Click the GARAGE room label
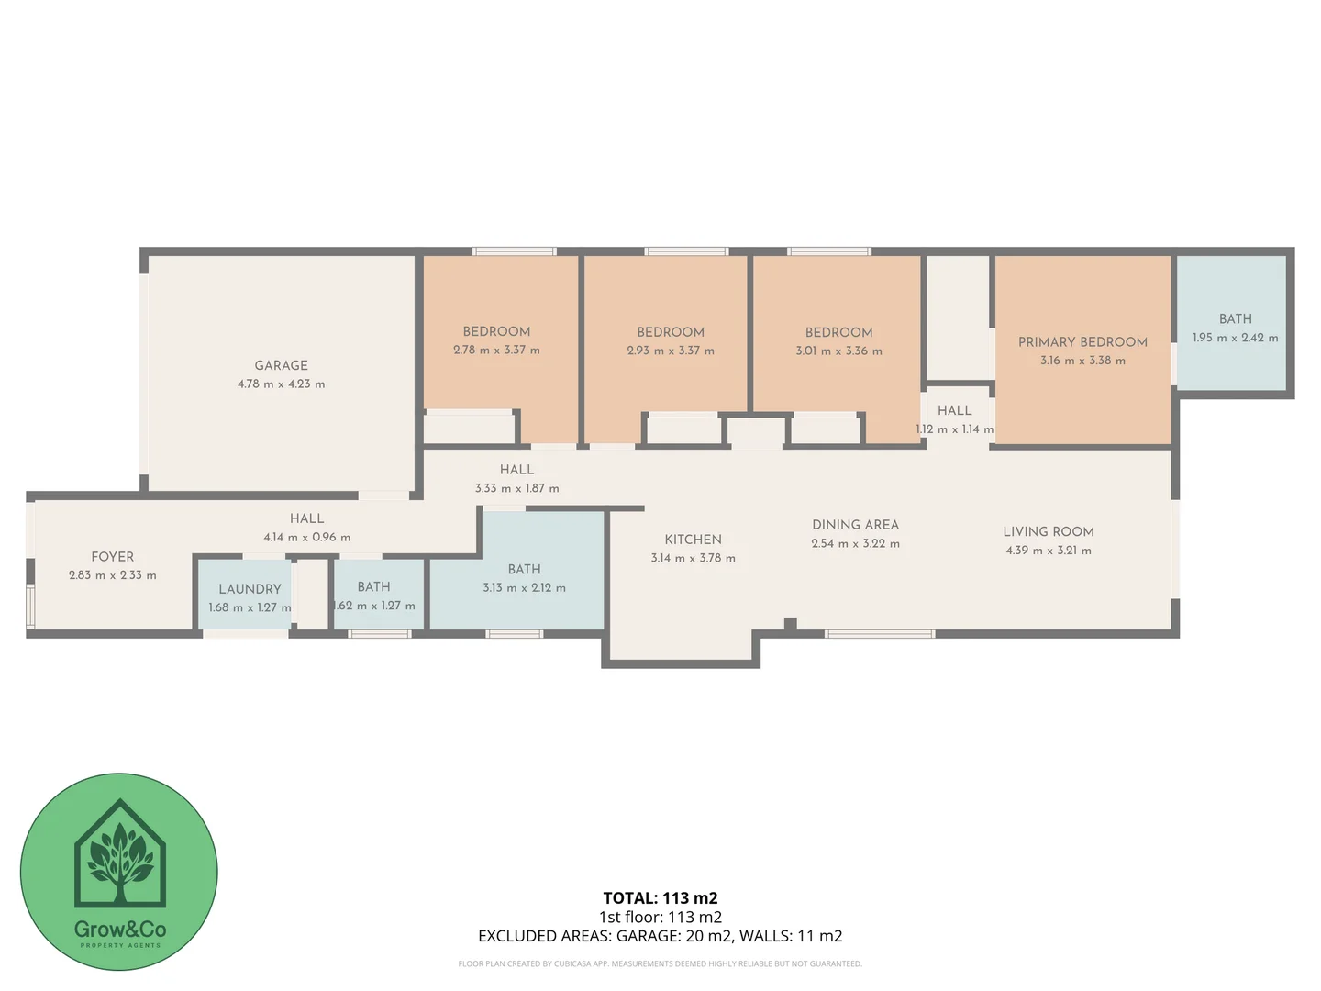pyautogui.click(x=281, y=365)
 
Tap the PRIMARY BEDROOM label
pyautogui.click(x=1082, y=342)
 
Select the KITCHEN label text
pyautogui.click(x=693, y=540)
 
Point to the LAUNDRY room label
pyautogui.click(x=250, y=589)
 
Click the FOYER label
pyautogui.click(x=112, y=557)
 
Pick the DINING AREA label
pyautogui.click(x=855, y=525)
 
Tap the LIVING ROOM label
pyautogui.click(x=1048, y=531)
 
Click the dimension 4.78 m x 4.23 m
pyautogui.click(x=281, y=384)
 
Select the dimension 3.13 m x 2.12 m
pyautogui.click(x=524, y=588)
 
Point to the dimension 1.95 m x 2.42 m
pyautogui.click(x=1235, y=338)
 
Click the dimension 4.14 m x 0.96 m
pyautogui.click(x=306, y=538)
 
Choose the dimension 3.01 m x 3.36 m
pyautogui.click(x=838, y=351)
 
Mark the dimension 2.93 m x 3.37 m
pyautogui.click(x=671, y=351)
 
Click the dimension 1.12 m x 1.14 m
pyautogui.click(x=954, y=429)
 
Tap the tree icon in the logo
pyautogui.click(x=120, y=859)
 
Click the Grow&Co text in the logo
pyautogui.click(x=119, y=929)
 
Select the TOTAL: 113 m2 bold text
pyautogui.click(x=660, y=898)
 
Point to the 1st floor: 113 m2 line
pyautogui.click(x=660, y=917)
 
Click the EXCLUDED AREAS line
pyautogui.click(x=660, y=936)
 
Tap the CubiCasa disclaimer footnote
pyautogui.click(x=660, y=963)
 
